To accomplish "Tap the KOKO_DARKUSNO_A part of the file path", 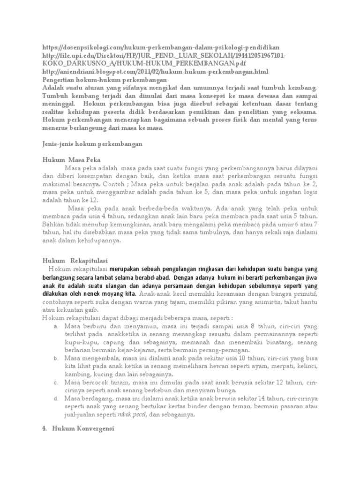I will coord(75,63).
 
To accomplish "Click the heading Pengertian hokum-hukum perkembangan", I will coord(101,79).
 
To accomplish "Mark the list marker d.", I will coord(56,399).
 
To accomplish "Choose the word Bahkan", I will coord(52,225).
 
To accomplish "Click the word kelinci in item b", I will coord(306,367).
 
